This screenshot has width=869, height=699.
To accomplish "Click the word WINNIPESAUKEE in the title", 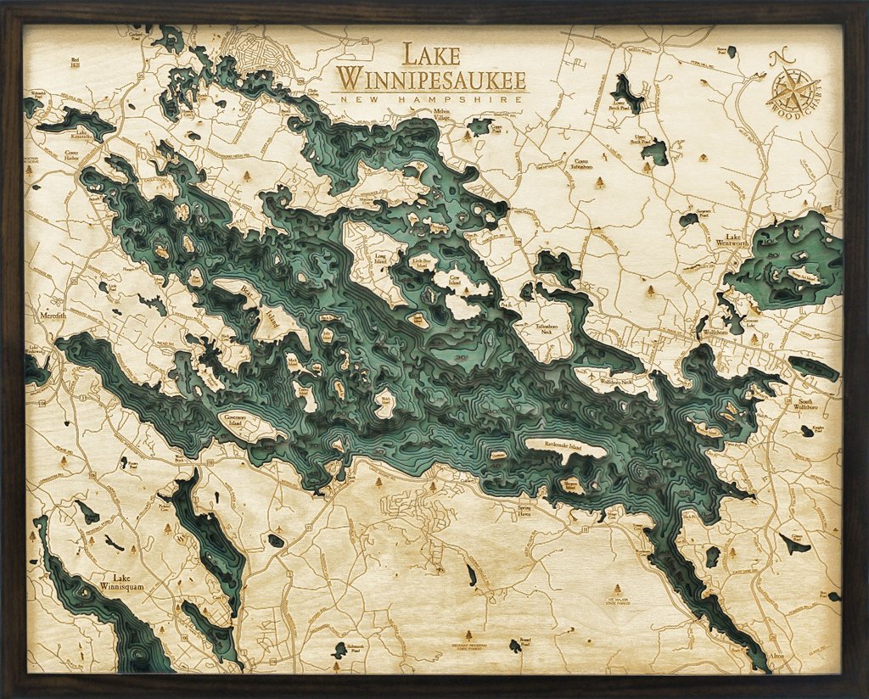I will [430, 80].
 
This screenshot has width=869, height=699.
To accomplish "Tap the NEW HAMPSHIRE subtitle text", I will [430, 100].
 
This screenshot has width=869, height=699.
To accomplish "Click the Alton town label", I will [777, 656].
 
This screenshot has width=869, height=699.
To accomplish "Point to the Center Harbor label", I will [77, 157].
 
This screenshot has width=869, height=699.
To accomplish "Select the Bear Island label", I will [249, 301].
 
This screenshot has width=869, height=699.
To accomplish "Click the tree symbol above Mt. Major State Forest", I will [617, 588].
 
